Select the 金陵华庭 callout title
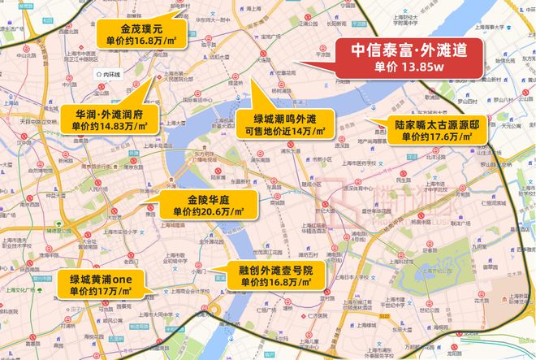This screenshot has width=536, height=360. tap(203, 200)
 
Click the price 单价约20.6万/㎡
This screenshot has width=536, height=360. tap(203, 213)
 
